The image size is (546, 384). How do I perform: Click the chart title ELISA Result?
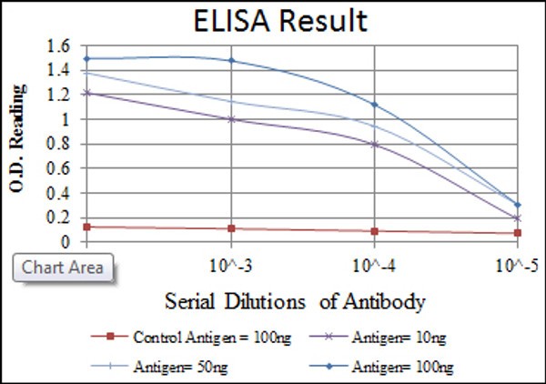tap(272, 20)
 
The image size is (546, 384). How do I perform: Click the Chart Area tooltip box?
tap(62, 267)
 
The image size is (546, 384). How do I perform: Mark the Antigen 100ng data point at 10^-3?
tap(231, 61)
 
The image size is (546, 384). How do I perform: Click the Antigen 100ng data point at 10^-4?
tap(374, 104)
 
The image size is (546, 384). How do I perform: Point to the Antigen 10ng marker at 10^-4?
tap(374, 144)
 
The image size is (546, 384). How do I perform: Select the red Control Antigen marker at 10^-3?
tap(231, 228)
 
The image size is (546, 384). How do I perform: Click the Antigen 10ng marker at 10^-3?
tap(231, 118)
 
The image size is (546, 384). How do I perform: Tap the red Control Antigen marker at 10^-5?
tap(517, 233)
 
